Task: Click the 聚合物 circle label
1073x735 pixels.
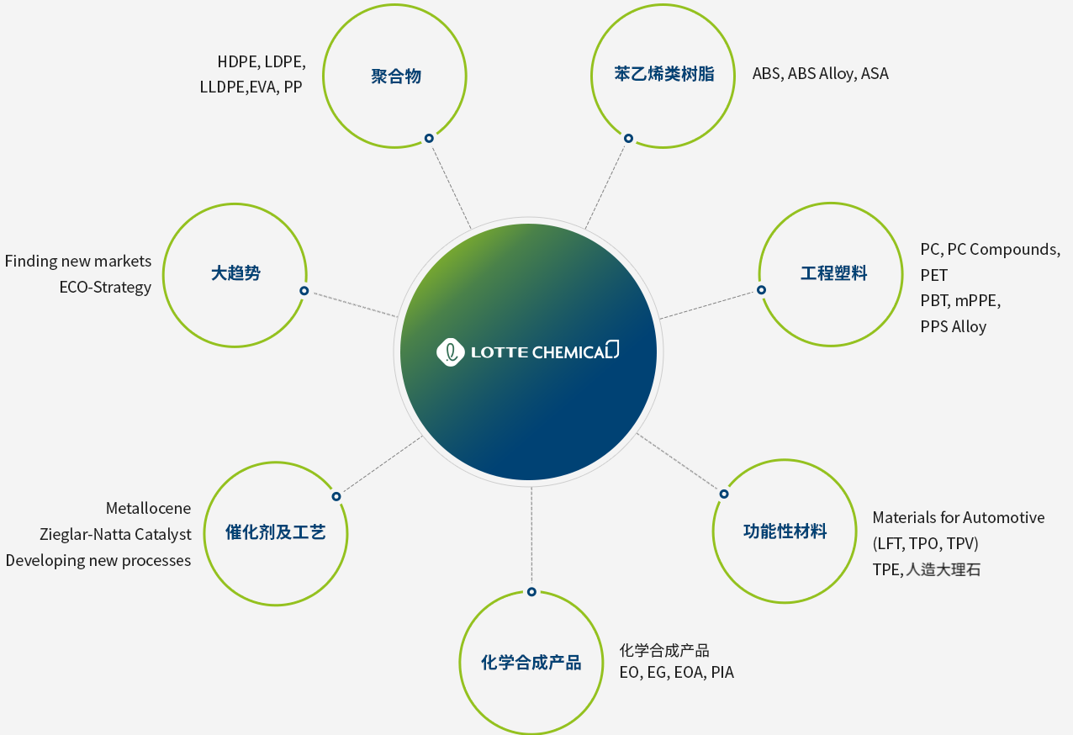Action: [x=396, y=77]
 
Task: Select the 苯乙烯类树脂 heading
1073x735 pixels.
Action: [x=664, y=74]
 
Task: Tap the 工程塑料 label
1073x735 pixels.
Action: [x=833, y=273]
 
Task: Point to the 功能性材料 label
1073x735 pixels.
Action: [x=785, y=531]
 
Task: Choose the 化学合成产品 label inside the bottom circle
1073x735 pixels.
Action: [x=531, y=662]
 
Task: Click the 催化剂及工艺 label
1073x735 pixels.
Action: [x=276, y=531]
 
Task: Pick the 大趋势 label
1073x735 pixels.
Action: [x=235, y=273]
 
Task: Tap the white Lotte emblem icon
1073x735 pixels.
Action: [x=450, y=352]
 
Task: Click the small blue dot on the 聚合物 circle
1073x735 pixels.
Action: [x=429, y=138]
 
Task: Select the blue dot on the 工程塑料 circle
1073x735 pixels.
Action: [x=761, y=290]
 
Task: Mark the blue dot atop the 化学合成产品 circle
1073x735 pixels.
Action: [x=531, y=592]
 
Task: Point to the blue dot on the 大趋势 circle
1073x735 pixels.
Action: [x=304, y=290]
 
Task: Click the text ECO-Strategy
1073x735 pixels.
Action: [x=105, y=287]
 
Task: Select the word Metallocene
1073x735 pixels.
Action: [x=148, y=508]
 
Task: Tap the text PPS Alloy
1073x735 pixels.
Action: [x=954, y=327]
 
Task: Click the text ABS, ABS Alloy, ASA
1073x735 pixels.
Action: [x=820, y=74]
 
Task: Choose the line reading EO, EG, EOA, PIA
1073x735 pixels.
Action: [x=676, y=672]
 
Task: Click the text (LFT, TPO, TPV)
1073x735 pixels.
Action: [x=926, y=543]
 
